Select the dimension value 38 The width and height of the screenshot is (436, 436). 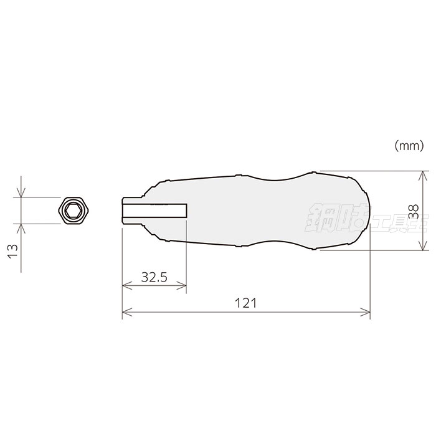[414, 211]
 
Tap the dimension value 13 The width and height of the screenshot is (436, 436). [12, 250]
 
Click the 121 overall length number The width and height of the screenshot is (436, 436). [245, 303]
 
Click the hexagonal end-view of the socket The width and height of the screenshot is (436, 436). [74, 211]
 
